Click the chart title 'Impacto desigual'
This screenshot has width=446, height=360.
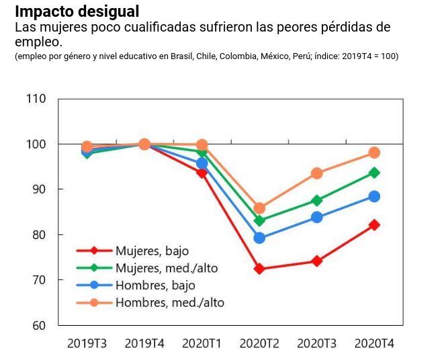(x=77, y=11)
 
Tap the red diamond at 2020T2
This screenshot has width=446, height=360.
(x=259, y=269)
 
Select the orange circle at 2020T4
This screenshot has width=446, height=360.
(x=374, y=152)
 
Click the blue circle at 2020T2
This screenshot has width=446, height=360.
(x=259, y=238)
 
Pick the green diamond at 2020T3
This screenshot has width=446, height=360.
(x=316, y=200)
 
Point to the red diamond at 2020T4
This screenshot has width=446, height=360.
(x=374, y=225)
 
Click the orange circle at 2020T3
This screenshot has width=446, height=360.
(x=316, y=173)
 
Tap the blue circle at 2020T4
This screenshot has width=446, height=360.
(x=374, y=196)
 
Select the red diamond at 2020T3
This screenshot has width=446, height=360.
(x=316, y=261)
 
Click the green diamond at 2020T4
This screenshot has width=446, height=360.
(x=374, y=173)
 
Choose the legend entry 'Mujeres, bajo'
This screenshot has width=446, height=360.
(x=152, y=251)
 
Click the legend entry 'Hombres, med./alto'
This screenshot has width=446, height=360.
(x=169, y=303)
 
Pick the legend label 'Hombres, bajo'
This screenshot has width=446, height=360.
(x=155, y=285)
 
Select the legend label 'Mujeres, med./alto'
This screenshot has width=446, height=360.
(x=167, y=268)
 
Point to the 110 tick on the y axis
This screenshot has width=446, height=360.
(x=38, y=99)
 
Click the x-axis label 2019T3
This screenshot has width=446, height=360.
(x=87, y=343)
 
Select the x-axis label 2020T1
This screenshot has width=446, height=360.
(x=202, y=343)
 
